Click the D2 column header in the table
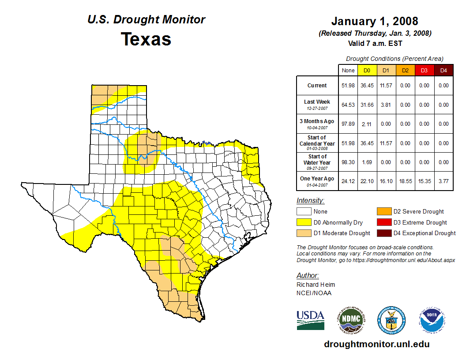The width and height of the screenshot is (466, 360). (x=405, y=70)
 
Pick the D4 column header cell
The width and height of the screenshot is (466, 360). (x=443, y=70)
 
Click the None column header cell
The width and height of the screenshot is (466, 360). (x=348, y=70)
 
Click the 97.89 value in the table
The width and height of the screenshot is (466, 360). (x=348, y=124)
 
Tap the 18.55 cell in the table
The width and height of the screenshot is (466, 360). (x=405, y=181)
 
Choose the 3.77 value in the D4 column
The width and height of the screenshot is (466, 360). (x=443, y=181)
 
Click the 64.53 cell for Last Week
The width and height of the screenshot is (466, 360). (x=348, y=105)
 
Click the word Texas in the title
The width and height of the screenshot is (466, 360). (x=146, y=39)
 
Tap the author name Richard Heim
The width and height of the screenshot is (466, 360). (x=316, y=285)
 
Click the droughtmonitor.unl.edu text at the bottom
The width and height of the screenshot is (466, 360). (x=376, y=344)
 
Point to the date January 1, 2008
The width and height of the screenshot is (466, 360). (x=375, y=21)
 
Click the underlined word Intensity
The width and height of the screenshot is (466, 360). (x=310, y=201)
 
